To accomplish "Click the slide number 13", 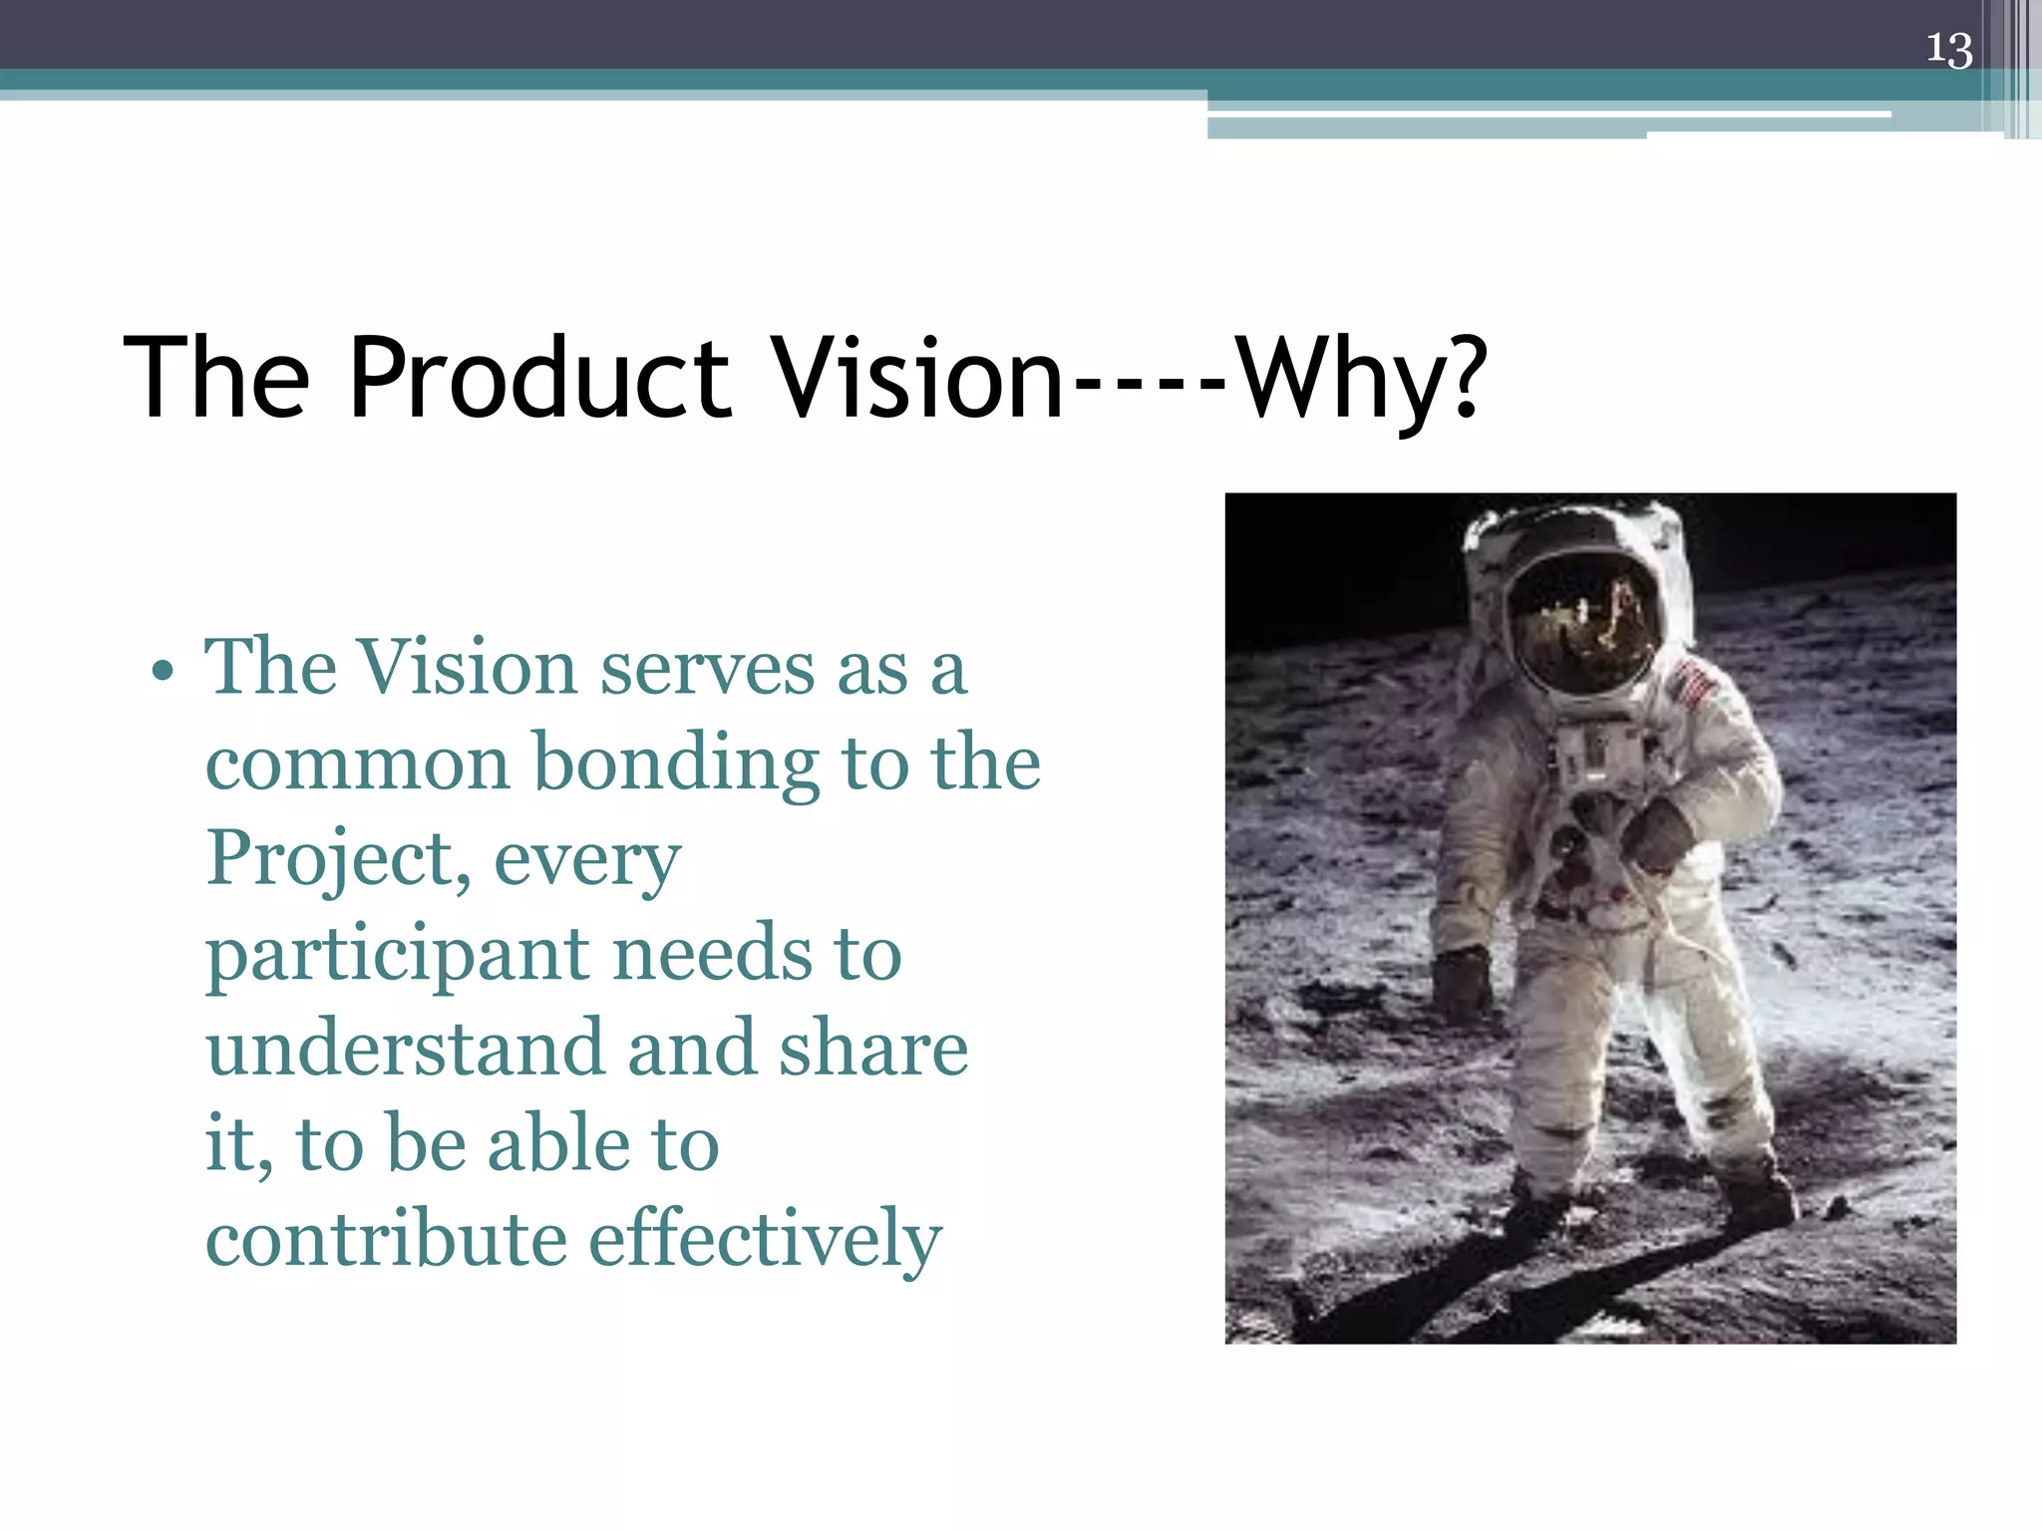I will point(1948,49).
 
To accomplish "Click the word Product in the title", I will point(539,379).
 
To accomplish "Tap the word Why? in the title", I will point(1361,379).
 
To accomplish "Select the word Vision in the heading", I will point(918,379).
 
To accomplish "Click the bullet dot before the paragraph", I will point(163,671).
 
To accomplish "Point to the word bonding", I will point(676,765).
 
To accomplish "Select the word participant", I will point(397,955).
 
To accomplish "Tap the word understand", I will point(405,1049).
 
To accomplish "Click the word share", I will point(873,1049).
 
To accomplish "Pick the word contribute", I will point(386,1239).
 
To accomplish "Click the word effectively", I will point(765,1239).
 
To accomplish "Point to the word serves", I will point(707,669).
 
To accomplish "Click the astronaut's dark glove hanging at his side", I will point(1462,983).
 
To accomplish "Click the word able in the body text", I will point(558,1144).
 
